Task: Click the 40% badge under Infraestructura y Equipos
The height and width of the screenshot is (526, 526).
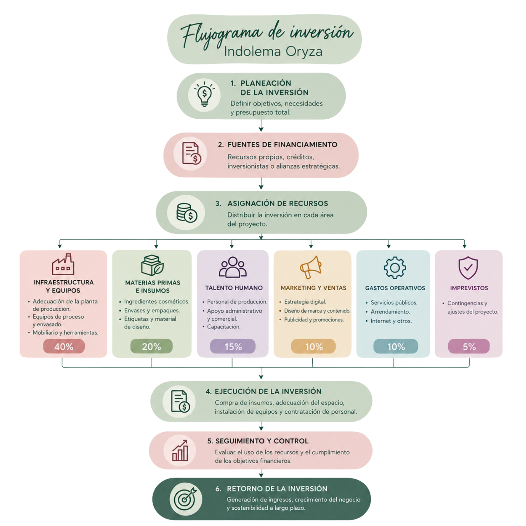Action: [x=64, y=346]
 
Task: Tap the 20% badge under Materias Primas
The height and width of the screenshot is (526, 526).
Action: [x=151, y=346]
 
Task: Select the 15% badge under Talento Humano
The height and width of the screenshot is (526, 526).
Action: [x=233, y=346]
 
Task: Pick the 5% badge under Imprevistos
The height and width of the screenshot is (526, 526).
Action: [x=469, y=346]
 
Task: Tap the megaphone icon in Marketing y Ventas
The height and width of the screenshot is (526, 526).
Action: [x=311, y=267]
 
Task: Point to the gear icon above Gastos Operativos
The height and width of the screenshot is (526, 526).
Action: [x=395, y=268]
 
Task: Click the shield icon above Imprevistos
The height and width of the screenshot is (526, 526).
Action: [x=468, y=268]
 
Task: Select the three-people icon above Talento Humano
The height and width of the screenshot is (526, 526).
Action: [x=233, y=267]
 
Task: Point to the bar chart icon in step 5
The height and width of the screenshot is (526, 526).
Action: [x=180, y=451]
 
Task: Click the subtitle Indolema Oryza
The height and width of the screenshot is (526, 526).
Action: [x=273, y=52]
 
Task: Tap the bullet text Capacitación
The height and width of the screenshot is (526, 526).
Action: [x=224, y=327]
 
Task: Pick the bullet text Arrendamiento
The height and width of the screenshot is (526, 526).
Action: [x=390, y=312]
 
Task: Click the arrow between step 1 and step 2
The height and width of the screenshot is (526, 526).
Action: [x=261, y=125]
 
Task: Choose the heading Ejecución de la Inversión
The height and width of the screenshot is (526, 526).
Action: [x=268, y=391]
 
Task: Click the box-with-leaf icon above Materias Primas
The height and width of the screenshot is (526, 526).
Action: [x=152, y=265]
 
